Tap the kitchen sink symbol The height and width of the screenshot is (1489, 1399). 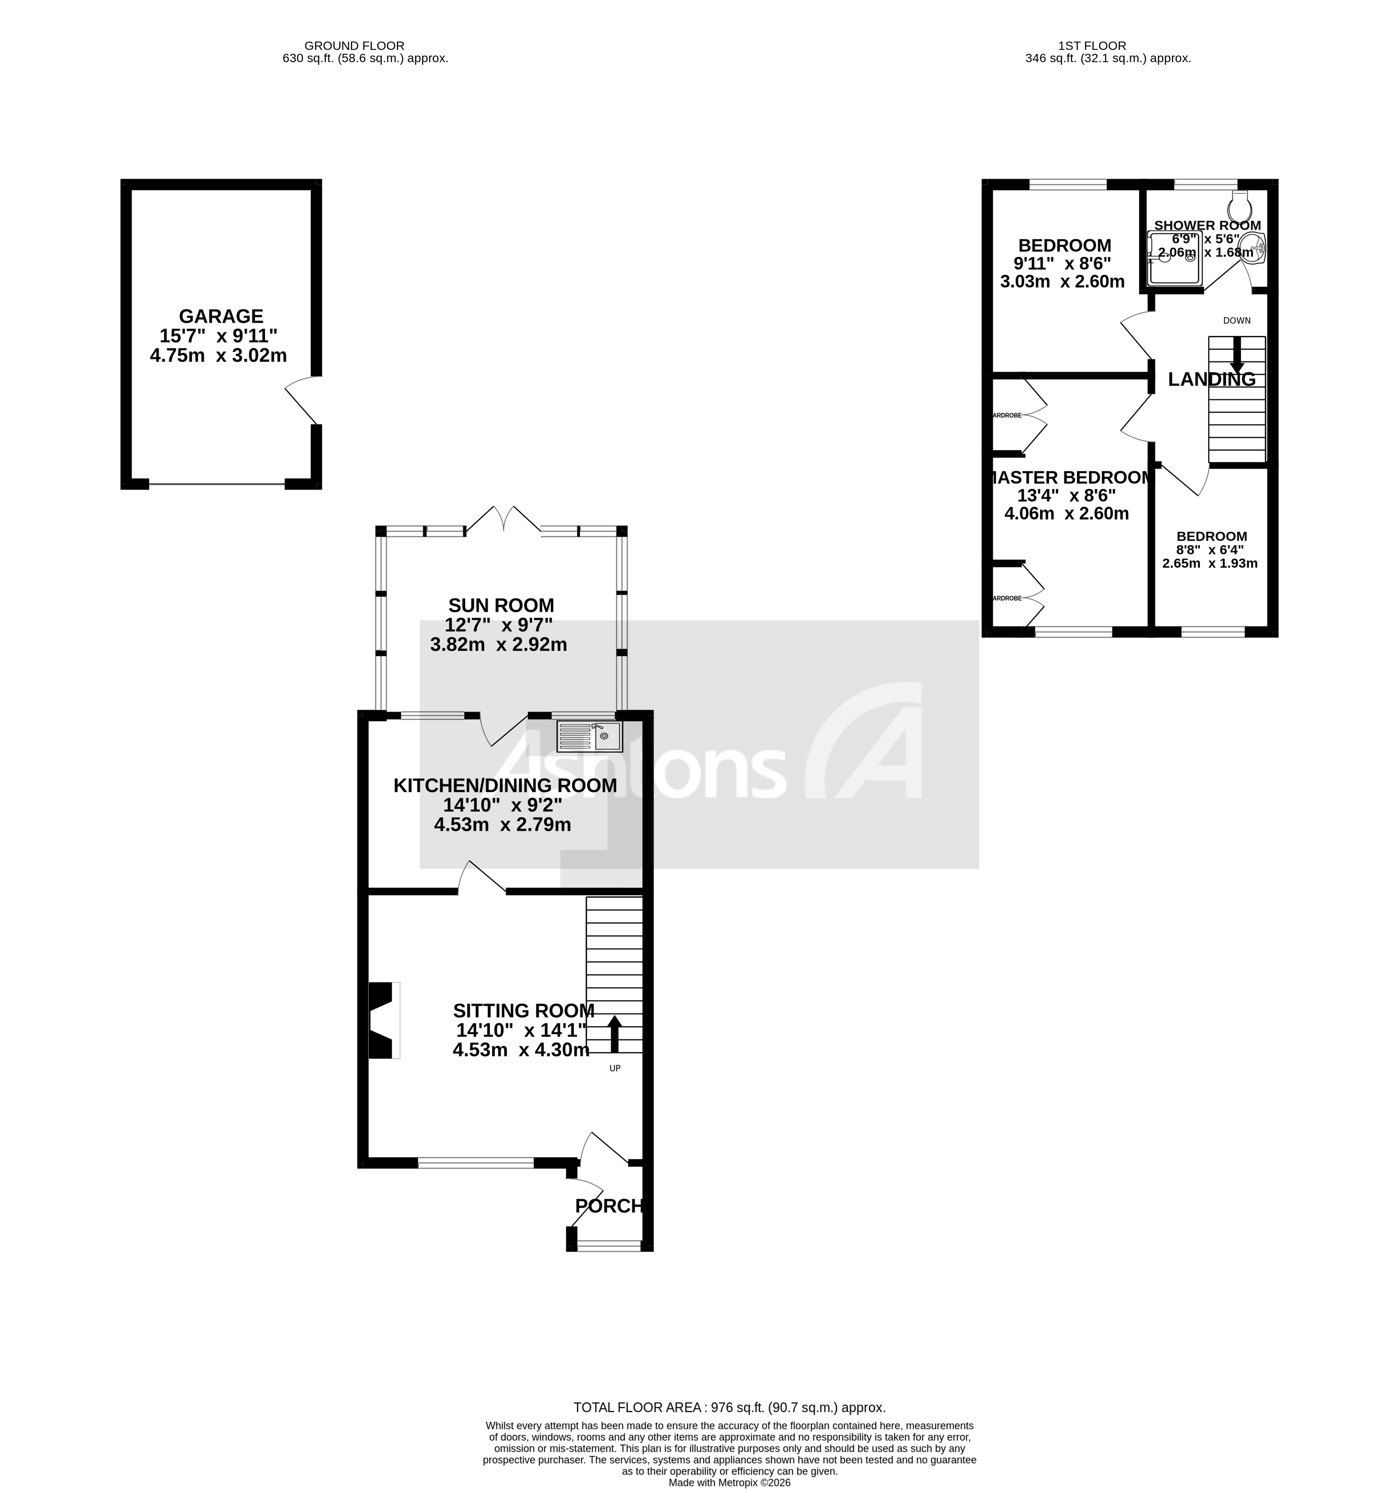click(x=589, y=736)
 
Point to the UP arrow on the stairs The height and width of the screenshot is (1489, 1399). click(x=614, y=1034)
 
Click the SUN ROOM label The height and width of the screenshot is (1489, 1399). click(x=500, y=605)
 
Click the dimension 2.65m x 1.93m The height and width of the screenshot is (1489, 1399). click(x=1210, y=563)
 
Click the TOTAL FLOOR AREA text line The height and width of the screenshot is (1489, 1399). click(x=729, y=1407)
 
